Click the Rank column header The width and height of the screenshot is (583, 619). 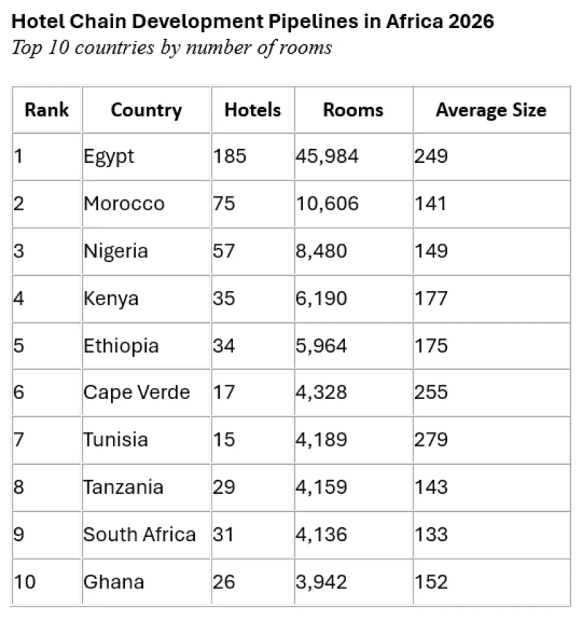47,109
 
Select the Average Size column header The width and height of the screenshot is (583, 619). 491,109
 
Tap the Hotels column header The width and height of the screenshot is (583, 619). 253,109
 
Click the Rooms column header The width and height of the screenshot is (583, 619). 353,109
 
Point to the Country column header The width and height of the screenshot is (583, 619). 146,109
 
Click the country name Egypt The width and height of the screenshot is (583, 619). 109,156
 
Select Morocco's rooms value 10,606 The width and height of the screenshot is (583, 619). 327,203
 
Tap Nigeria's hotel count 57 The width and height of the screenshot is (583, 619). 224,251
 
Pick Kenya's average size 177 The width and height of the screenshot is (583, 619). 431,298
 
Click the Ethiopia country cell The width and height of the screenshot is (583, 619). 121,346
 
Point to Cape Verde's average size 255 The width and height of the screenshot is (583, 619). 431,392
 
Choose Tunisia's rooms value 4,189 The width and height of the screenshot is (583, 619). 321,440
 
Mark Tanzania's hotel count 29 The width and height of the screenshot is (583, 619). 224,487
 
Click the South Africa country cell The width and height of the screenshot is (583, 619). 139,534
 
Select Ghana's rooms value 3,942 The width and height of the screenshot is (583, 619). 321,581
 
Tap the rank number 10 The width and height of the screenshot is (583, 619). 24,581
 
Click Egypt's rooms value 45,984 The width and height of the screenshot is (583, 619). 327,156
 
